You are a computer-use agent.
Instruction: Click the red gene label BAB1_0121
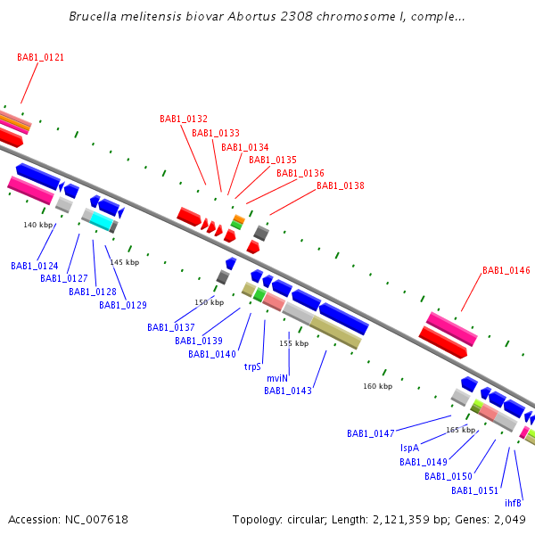click(x=40, y=57)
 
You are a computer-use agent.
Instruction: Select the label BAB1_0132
click(x=184, y=119)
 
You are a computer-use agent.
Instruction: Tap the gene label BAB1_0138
click(x=341, y=185)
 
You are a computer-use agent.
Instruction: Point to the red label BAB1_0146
click(x=506, y=270)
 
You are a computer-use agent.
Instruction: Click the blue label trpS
click(x=252, y=366)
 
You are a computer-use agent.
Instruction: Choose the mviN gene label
click(x=277, y=378)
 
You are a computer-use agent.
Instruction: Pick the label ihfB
click(x=513, y=503)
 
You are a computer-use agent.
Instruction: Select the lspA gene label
click(x=409, y=448)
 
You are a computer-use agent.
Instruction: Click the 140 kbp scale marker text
click(x=37, y=225)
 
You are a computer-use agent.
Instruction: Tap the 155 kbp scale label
click(x=293, y=343)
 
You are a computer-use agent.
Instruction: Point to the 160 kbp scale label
click(x=377, y=386)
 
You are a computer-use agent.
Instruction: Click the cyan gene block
click(x=102, y=221)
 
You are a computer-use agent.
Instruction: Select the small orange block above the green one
click(x=239, y=219)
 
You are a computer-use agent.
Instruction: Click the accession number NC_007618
click(x=96, y=520)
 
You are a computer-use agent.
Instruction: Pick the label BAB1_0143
click(x=288, y=391)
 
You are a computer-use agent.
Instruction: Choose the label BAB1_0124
click(x=35, y=266)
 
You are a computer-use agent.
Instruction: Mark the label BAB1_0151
click(x=474, y=490)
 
